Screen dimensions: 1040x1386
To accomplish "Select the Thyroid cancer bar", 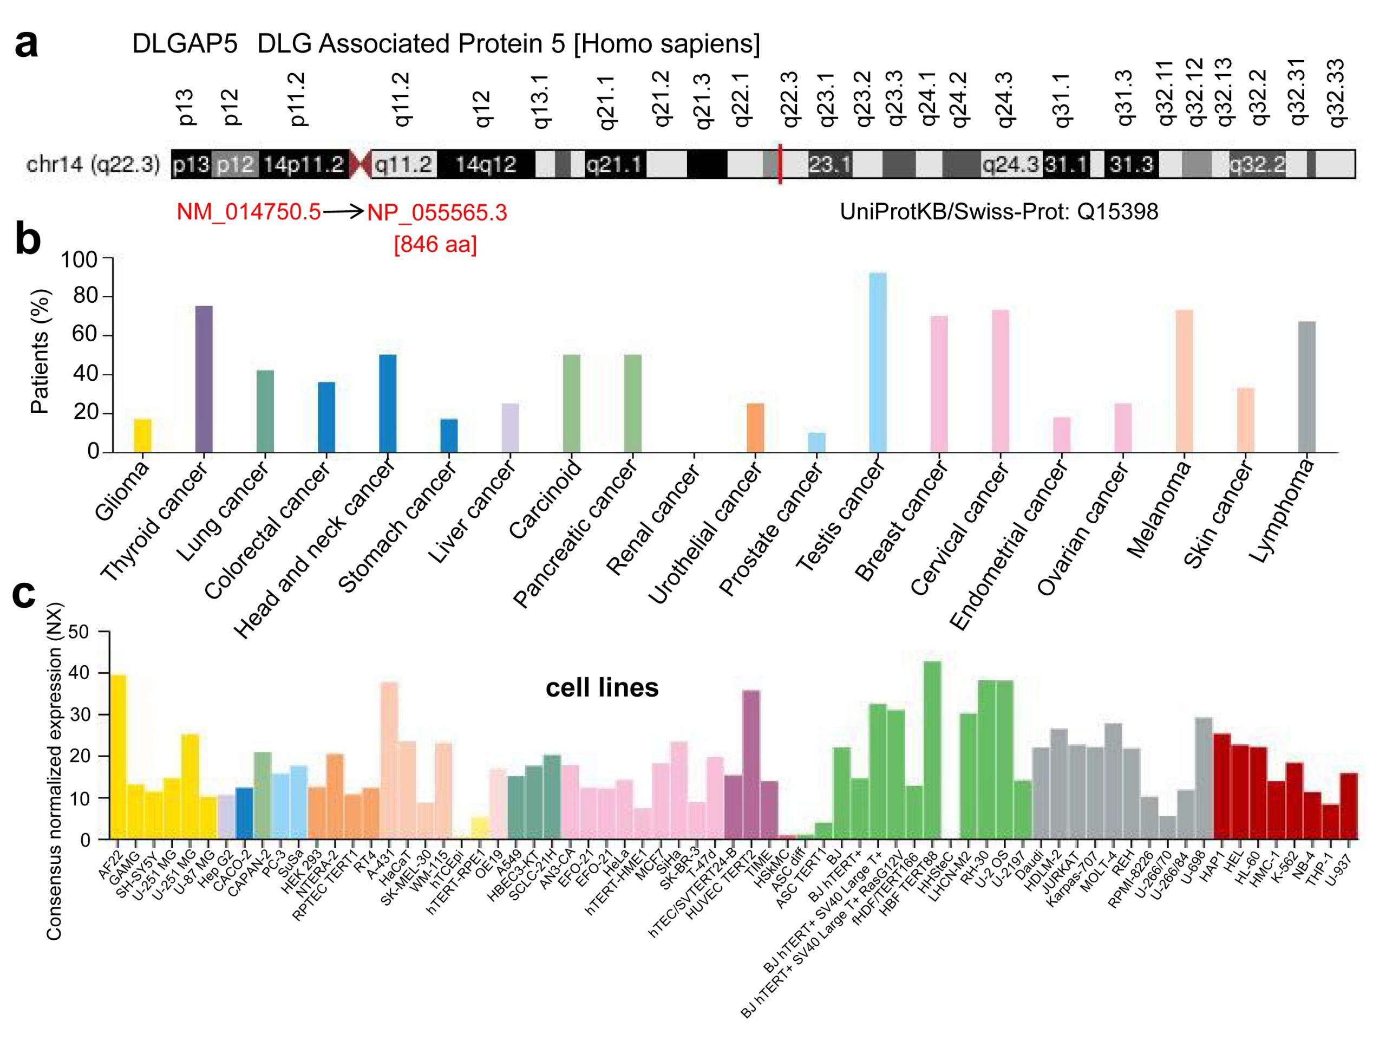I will (x=204, y=379).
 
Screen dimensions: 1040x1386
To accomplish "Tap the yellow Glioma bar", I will (x=143, y=435).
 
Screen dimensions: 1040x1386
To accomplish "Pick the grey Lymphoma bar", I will (x=1306, y=387).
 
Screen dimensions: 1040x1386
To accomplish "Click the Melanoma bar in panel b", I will (x=1184, y=381).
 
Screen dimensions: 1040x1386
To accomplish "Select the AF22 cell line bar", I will (x=119, y=757).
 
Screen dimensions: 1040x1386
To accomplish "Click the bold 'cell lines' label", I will (x=602, y=688).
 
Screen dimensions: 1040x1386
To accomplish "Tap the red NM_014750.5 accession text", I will (x=248, y=212).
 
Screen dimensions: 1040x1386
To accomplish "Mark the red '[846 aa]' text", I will (x=435, y=244).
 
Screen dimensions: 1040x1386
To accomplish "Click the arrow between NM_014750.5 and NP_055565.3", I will (x=343, y=212).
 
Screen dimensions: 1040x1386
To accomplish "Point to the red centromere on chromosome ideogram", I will (x=359, y=164).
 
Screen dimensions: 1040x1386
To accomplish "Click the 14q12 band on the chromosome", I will (x=486, y=164).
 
